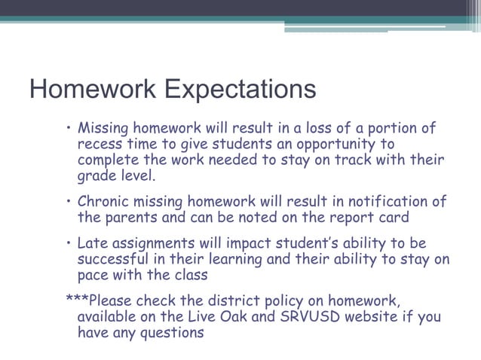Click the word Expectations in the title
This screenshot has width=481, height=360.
point(240,90)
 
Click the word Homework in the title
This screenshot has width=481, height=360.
point(92,90)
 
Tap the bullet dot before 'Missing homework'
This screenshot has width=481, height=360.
point(69,127)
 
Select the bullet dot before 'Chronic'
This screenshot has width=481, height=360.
point(69,202)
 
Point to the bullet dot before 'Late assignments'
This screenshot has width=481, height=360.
point(69,243)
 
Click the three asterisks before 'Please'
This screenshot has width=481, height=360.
point(77,298)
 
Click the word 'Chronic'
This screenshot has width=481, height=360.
point(108,202)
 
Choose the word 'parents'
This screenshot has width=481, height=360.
point(136,218)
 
